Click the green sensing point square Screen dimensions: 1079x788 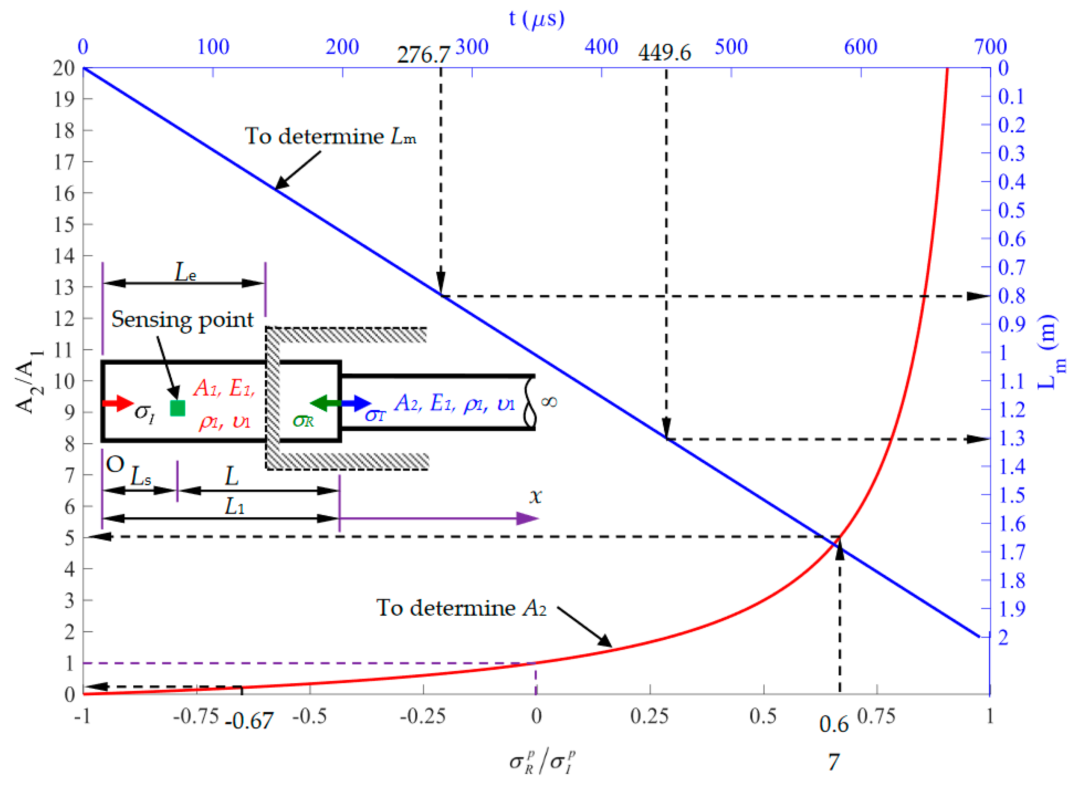coord(177,408)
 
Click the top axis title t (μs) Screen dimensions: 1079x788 coord(537,19)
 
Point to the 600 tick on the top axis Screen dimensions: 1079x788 coord(861,47)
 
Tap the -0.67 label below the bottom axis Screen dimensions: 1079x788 coord(249,721)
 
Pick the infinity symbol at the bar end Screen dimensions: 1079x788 coord(549,402)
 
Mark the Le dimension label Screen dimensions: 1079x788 coord(185,272)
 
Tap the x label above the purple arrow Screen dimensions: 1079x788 coord(536,496)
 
